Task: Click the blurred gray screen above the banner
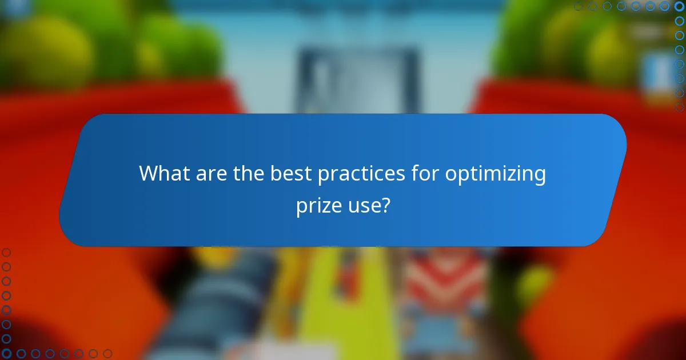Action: point(358,80)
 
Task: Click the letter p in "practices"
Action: point(323,176)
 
